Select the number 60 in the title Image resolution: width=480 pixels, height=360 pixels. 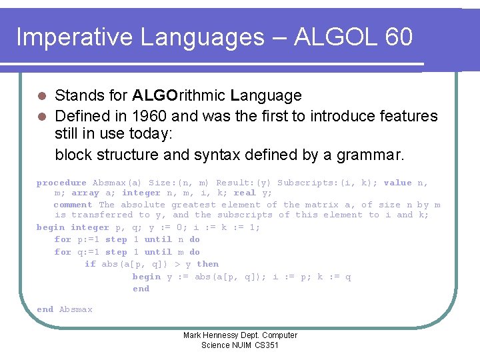click(x=399, y=37)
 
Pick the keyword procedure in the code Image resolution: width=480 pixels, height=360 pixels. click(x=61, y=183)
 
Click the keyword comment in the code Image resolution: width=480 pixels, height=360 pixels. click(x=73, y=205)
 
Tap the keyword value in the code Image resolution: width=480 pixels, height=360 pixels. click(x=397, y=183)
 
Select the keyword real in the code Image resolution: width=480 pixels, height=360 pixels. click(x=245, y=193)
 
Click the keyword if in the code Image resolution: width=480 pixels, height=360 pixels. click(x=90, y=264)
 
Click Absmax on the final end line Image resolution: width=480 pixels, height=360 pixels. click(x=76, y=309)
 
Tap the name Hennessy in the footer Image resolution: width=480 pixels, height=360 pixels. click(x=227, y=335)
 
